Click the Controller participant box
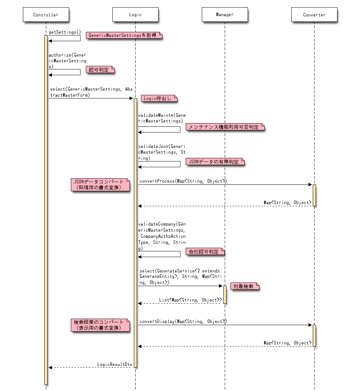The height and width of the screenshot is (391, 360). (x=46, y=15)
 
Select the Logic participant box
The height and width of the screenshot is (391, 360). (x=135, y=15)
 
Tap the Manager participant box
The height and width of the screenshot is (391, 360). (x=225, y=15)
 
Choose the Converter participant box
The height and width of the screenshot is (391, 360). (x=314, y=15)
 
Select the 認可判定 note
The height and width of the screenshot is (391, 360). (x=100, y=70)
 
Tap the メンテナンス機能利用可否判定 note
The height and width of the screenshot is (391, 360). (x=225, y=127)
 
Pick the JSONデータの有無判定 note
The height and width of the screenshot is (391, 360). (x=215, y=161)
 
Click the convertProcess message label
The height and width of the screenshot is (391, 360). (x=183, y=181)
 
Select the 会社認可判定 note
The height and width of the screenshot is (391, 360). (x=205, y=252)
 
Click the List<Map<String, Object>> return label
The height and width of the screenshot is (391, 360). (x=190, y=300)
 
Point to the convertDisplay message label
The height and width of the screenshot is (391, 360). (x=183, y=322)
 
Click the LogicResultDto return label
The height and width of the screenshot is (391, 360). (x=115, y=364)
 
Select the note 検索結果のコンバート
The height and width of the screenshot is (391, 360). (x=100, y=325)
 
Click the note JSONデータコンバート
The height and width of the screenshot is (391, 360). (x=100, y=185)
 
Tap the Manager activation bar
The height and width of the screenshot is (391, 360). (x=225, y=295)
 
